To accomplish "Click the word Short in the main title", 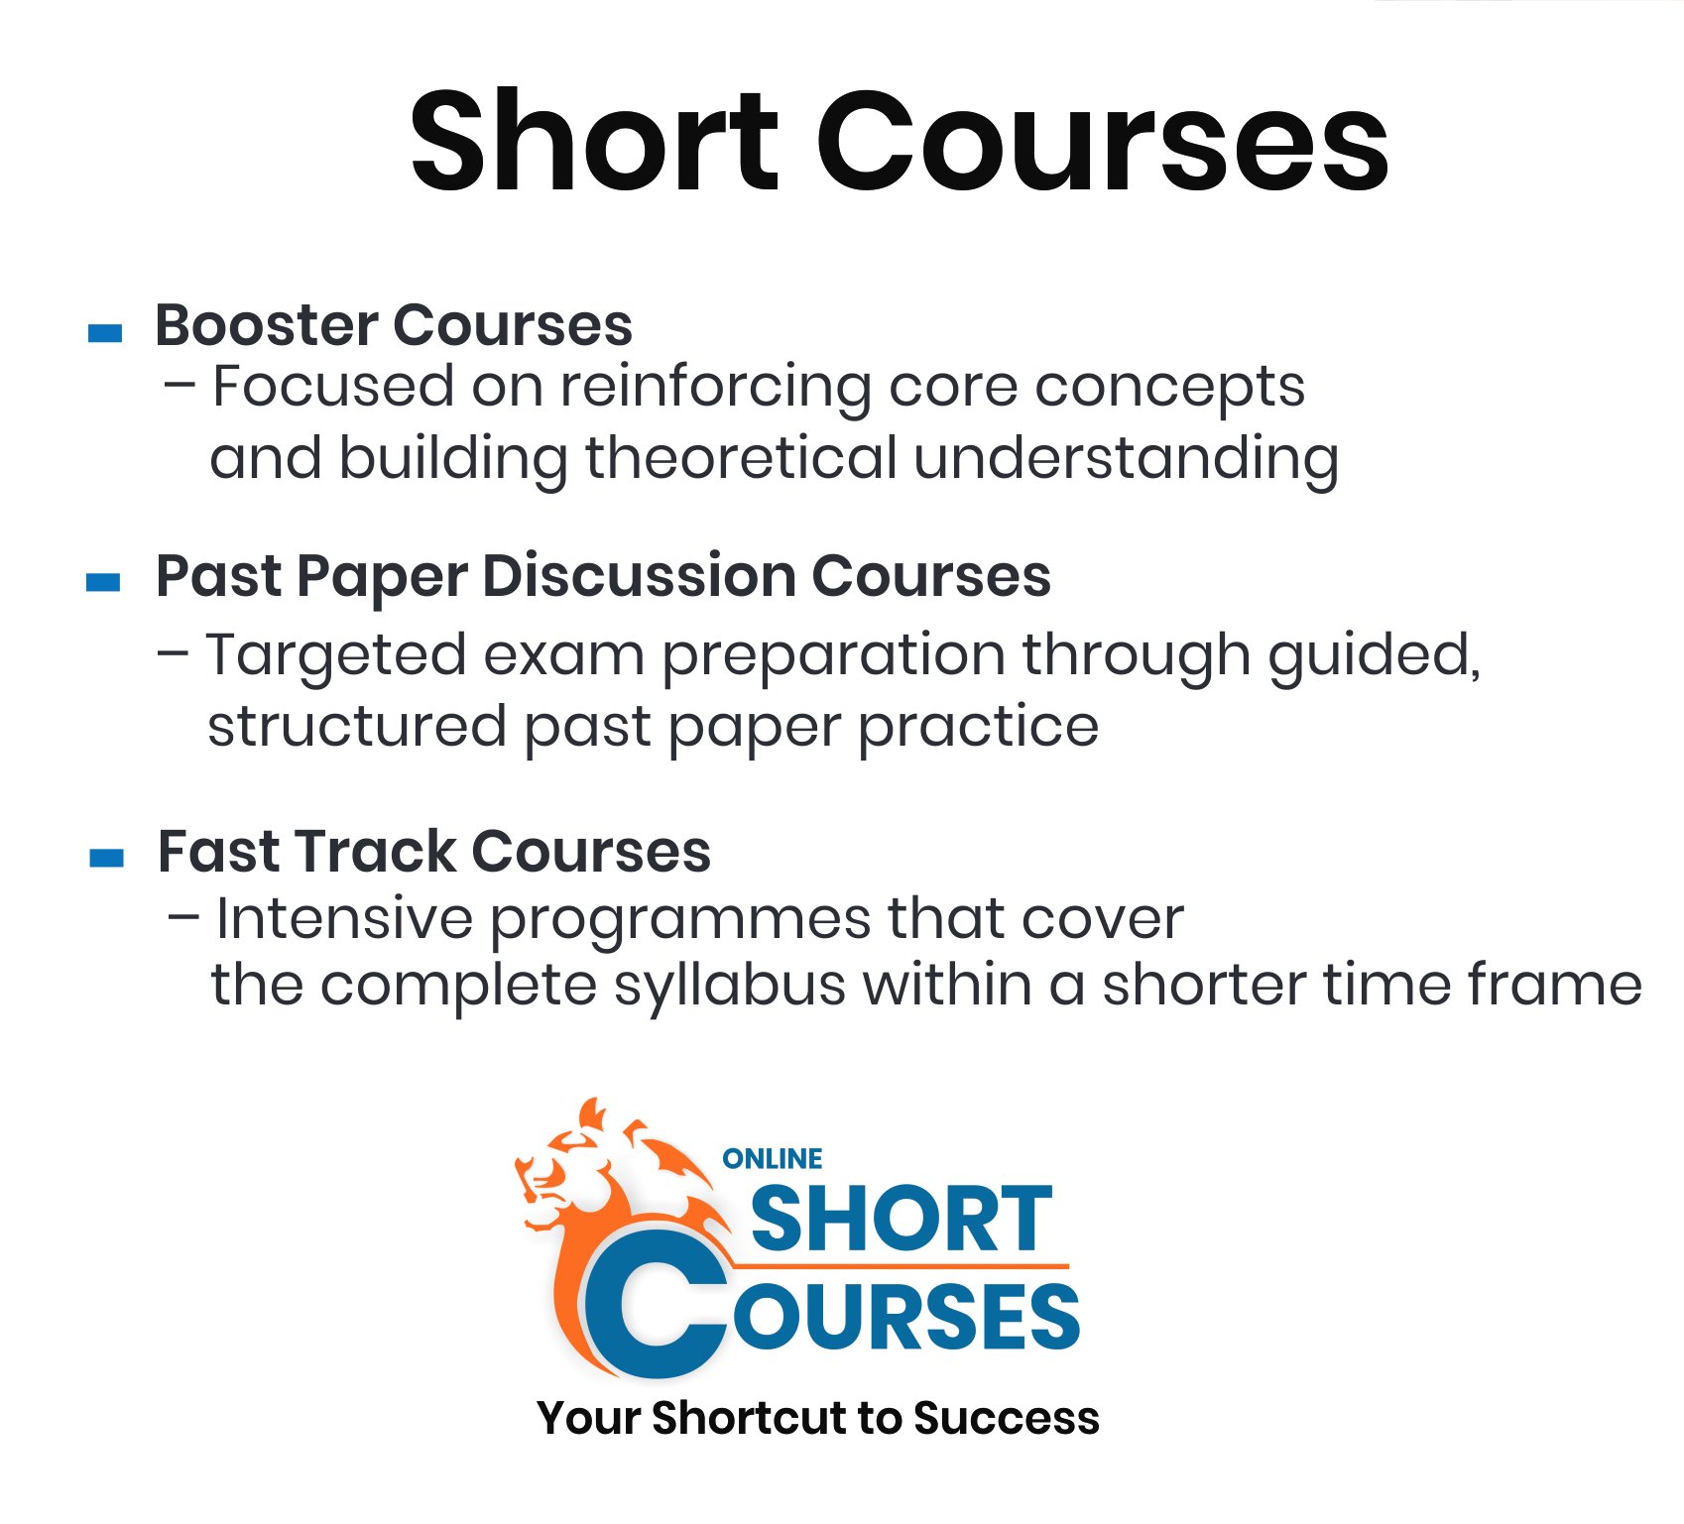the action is point(594,141).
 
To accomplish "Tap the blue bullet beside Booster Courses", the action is point(105,333).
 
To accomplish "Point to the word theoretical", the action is point(741,457).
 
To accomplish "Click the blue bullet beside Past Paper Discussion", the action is point(104,582).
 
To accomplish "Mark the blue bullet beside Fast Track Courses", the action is point(106,858).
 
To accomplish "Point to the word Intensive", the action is point(344,918).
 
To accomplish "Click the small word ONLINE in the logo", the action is point(773,1159).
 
